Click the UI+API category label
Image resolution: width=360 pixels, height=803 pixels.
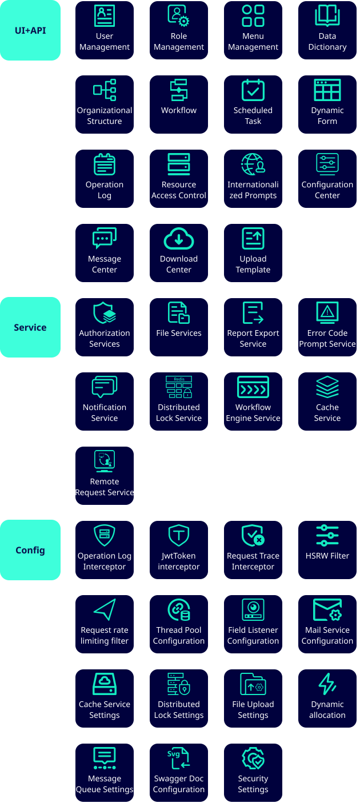point(30,30)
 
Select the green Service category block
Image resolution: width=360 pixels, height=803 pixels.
point(30,327)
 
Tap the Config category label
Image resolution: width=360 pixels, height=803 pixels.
point(30,550)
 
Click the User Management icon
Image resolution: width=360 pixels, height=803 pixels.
point(105,16)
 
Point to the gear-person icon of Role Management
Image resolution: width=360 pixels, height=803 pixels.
point(179,16)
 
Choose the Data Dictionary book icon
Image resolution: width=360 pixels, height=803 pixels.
point(327,16)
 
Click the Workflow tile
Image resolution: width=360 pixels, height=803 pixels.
point(179,105)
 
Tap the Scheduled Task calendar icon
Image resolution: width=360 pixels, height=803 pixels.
point(253,90)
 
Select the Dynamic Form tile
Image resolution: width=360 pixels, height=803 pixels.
point(327,105)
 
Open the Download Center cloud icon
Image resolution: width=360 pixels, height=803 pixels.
point(179,239)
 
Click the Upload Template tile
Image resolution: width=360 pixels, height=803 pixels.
point(253,253)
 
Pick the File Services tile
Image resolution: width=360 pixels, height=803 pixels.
point(179,327)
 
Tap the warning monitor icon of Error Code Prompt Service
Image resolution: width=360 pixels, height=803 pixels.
point(327,313)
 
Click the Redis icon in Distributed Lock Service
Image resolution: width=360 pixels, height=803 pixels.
point(179,387)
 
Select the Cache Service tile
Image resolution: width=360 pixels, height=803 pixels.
point(327,401)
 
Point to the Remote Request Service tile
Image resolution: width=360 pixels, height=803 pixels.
point(105,476)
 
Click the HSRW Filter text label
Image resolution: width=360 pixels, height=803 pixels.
point(327,556)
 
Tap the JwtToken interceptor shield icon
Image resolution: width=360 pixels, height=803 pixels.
point(179,536)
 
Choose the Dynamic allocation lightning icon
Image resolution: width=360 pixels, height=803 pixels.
point(327,684)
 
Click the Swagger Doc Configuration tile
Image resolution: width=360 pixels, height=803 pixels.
point(179,773)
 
